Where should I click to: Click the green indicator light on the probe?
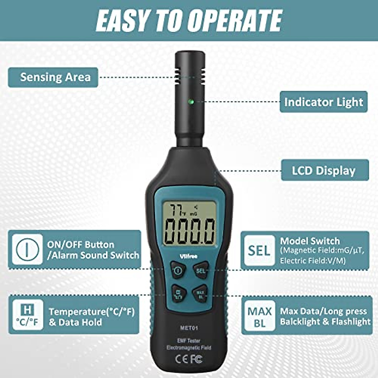pyautogui.click(x=190, y=102)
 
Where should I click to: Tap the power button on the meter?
pyautogui.click(x=178, y=270)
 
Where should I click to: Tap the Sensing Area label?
pyautogui.click(x=53, y=77)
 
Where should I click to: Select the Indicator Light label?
pyautogui.click(x=324, y=102)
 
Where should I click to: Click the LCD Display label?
pyautogui.click(x=325, y=170)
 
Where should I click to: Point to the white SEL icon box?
pyautogui.click(x=259, y=250)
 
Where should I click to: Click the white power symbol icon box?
pyautogui.click(x=27, y=249)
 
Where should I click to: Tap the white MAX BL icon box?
pyautogui.click(x=259, y=317)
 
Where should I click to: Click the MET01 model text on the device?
pyautogui.click(x=189, y=328)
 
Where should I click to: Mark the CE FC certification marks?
pyautogui.click(x=189, y=359)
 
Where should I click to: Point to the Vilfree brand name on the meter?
pyautogui.click(x=188, y=256)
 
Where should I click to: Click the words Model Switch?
pyautogui.click(x=310, y=241)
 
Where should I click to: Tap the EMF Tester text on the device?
pyautogui.click(x=188, y=341)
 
